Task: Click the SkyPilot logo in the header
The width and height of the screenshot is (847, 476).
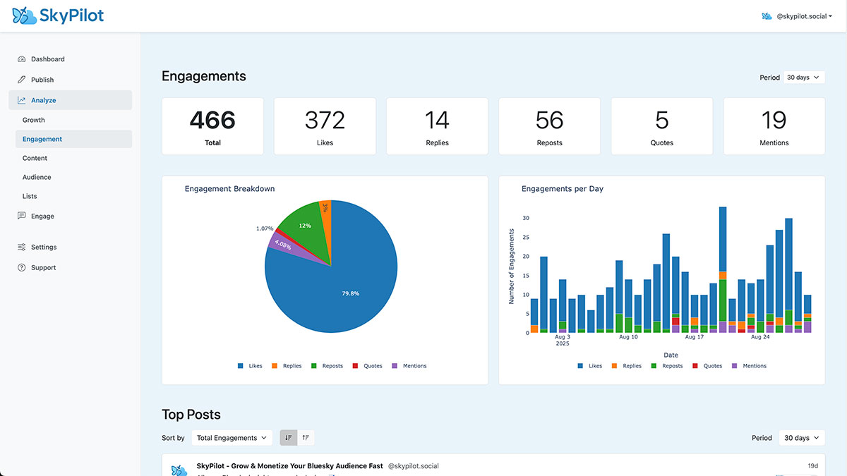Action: (58, 16)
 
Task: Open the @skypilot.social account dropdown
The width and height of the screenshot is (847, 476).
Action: (798, 16)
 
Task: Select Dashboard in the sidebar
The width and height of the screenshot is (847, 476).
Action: (47, 59)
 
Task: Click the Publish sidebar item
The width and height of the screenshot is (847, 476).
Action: (42, 80)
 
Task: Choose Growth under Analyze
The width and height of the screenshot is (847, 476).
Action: (33, 120)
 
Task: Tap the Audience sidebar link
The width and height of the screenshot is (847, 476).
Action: (37, 177)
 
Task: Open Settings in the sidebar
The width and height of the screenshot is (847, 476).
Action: (44, 248)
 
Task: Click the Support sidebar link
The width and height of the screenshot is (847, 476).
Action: (43, 268)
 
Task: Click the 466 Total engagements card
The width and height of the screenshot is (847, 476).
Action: (212, 126)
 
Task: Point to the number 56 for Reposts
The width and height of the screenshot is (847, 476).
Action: (549, 121)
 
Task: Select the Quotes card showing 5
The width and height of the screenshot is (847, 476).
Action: (661, 126)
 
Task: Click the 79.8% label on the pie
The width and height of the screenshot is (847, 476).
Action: (350, 293)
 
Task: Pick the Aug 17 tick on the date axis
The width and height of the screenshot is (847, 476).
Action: (695, 337)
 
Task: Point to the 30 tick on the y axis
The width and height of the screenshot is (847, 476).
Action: (525, 219)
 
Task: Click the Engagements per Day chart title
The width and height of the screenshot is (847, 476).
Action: (562, 189)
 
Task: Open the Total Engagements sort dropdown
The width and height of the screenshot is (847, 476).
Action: (232, 438)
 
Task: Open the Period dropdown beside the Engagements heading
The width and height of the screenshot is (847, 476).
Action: (803, 78)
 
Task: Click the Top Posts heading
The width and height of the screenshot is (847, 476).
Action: (191, 415)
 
